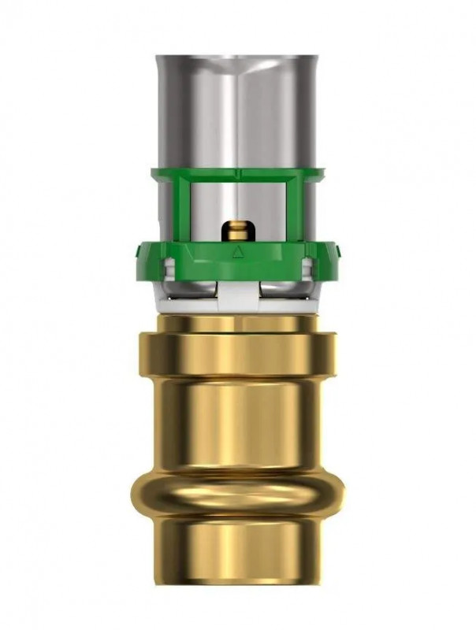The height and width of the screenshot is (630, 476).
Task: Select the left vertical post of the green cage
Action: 183,209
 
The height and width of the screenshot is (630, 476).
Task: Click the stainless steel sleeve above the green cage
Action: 236,110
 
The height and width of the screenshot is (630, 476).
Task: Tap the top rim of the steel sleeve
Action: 236,57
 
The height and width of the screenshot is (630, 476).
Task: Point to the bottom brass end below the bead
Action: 236,551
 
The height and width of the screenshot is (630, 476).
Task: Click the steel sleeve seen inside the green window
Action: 213,213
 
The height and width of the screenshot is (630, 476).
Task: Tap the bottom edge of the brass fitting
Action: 236,584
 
